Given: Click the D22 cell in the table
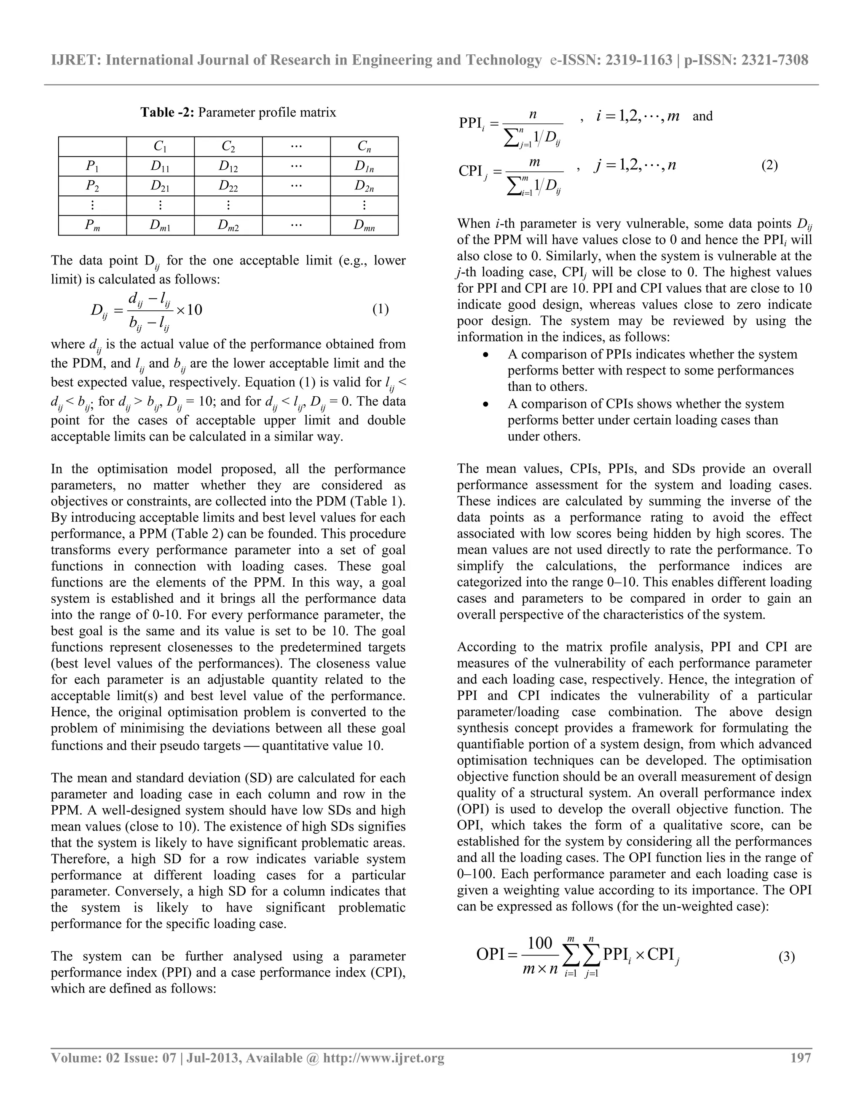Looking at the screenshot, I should coord(228,187).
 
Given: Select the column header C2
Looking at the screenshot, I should coord(228,147).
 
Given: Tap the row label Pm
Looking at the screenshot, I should coord(93,226).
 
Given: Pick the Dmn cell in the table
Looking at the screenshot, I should coord(364,226).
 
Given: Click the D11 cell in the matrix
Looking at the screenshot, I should coord(160,167).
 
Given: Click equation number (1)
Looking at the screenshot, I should coord(381,310).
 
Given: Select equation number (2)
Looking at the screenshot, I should coord(769,166).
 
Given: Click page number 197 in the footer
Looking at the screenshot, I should coord(801,1058).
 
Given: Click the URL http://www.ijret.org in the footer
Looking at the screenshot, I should coord(384,1058).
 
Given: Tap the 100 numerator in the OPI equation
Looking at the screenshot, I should coord(539,943).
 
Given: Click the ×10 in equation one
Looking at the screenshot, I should coord(189,310).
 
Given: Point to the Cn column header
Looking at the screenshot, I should coord(364,147).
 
